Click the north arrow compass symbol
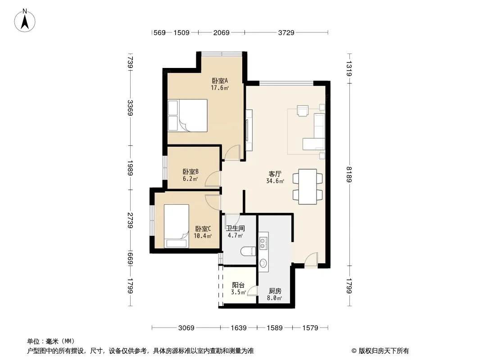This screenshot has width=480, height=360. coord(25,21)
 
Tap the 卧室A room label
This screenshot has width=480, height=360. coord(220,81)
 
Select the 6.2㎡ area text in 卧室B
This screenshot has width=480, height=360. coord(190,179)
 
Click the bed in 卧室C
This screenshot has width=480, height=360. coord(177,226)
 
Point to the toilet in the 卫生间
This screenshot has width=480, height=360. coord(248,252)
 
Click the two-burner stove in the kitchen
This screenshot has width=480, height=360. coord(263,243)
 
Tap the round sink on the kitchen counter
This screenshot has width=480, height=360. coord(263,263)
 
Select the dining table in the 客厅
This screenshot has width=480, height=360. coord(308,187)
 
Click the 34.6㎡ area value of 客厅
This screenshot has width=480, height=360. coord(275,181)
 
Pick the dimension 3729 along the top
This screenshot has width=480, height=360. coord(286,32)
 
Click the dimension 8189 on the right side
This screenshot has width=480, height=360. coord(349,174)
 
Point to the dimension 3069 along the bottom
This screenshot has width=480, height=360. coord(186,328)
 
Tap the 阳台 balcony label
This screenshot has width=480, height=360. coord(238,285)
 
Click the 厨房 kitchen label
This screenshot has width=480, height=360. coord(275,291)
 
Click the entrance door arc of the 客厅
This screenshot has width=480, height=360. coord(311,260)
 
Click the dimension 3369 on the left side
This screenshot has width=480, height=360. coord(130,108)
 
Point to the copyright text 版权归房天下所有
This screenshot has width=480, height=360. coord(384,351)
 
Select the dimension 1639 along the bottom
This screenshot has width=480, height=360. coord(239,328)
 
